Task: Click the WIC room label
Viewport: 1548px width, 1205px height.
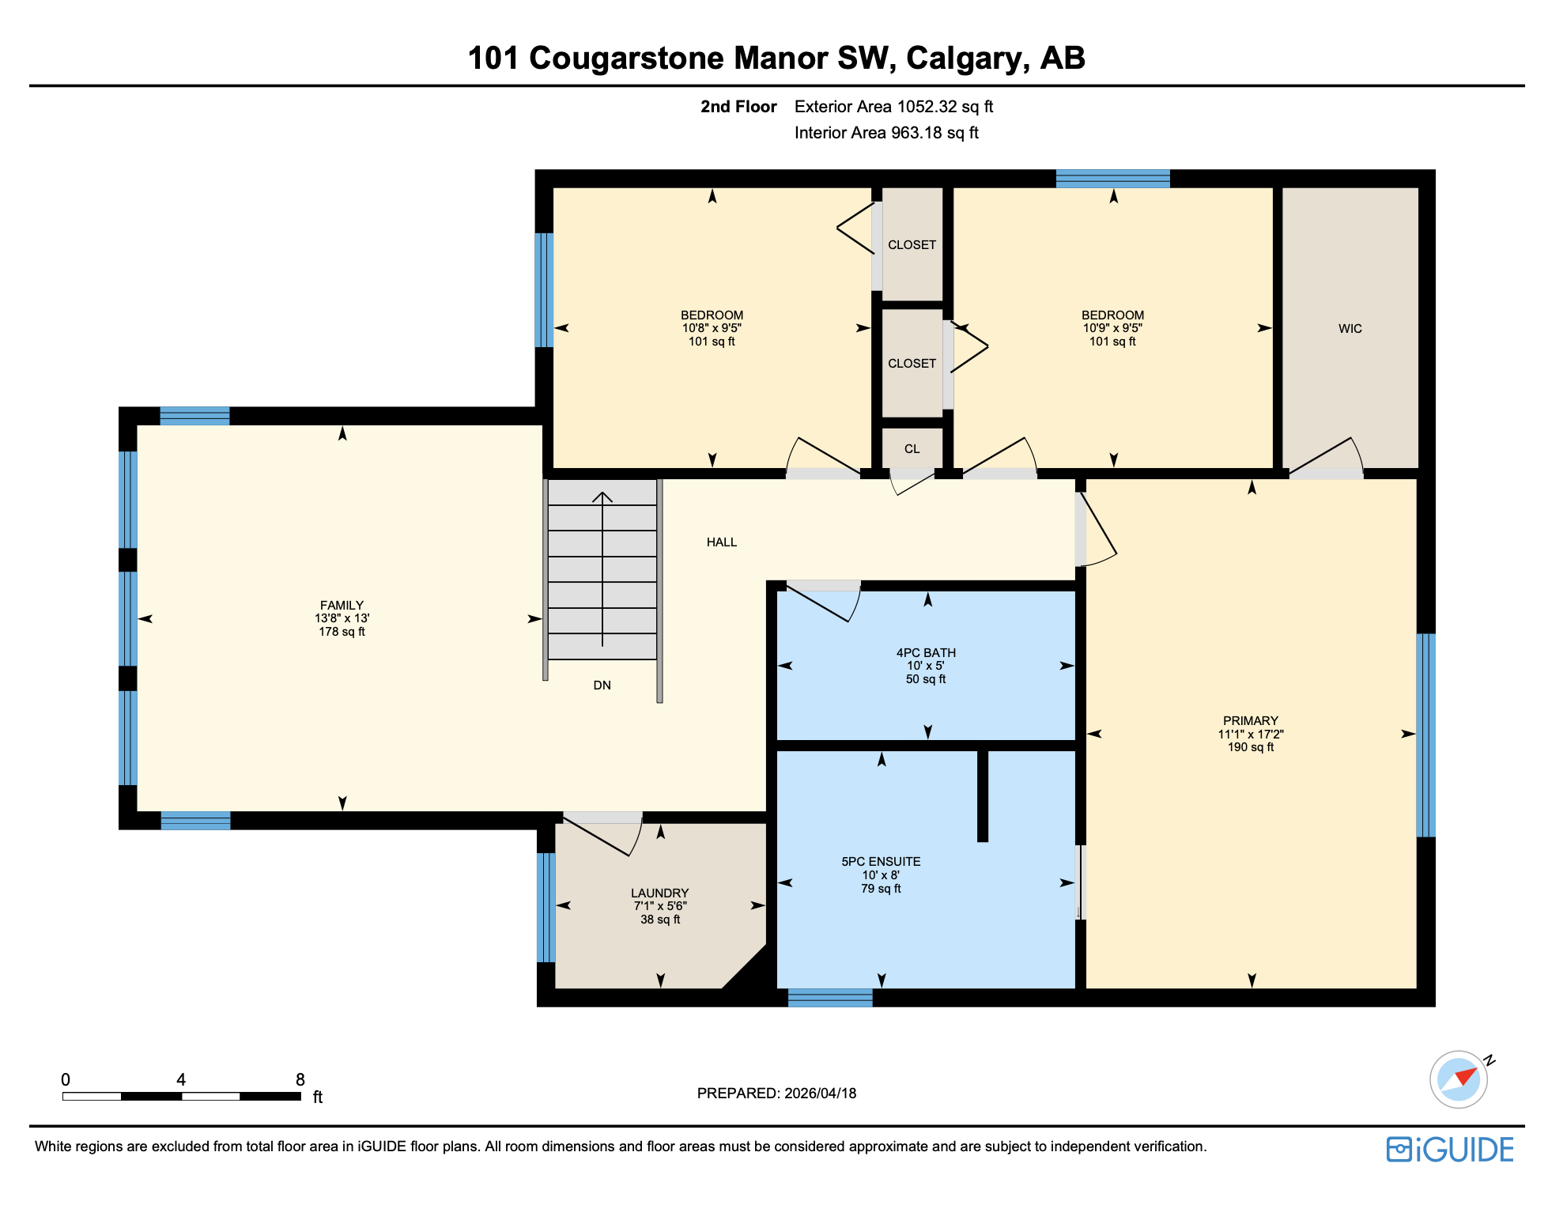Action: pos(1350,329)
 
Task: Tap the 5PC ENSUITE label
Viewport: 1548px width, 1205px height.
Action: pos(881,862)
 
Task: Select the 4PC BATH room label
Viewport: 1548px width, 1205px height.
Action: pos(926,653)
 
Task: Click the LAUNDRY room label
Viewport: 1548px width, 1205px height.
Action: pos(659,893)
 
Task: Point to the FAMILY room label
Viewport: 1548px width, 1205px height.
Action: pos(342,606)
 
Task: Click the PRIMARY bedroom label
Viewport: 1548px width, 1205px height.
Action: pos(1250,721)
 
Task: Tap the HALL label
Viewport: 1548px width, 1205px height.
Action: pos(721,542)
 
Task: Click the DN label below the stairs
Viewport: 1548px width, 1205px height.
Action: pos(602,686)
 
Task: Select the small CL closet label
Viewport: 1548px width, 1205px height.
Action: pos(912,449)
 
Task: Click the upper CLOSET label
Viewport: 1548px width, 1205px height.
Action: pos(912,245)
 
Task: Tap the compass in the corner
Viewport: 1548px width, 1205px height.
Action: pos(1459,1078)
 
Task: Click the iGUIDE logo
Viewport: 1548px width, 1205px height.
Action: pos(1450,1150)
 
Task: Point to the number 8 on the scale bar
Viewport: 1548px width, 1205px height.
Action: pos(300,1080)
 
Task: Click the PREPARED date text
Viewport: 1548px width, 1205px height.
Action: pos(776,1094)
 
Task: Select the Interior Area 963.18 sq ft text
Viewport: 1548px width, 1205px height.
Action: pos(885,133)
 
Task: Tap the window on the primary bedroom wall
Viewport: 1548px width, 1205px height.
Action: pos(1425,735)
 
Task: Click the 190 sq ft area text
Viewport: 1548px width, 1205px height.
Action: pos(1250,747)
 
